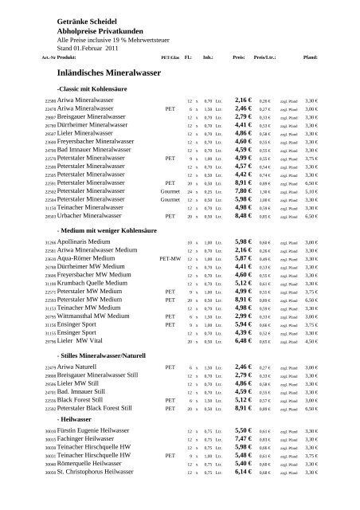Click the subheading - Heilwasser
click(75, 440)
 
